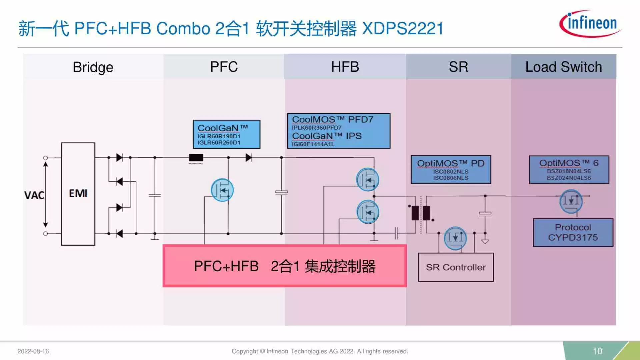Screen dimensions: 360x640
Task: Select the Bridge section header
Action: click(93, 67)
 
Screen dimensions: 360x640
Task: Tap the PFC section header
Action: click(224, 67)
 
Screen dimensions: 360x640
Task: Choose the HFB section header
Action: click(345, 67)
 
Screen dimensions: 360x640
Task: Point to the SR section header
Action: click(458, 67)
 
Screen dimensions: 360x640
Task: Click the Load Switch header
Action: click(564, 67)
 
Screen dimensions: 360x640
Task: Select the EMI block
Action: click(78, 194)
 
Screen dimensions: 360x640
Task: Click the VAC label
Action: click(34, 195)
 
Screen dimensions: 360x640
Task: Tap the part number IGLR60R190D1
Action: click(219, 136)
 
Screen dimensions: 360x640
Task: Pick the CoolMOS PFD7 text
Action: click(332, 119)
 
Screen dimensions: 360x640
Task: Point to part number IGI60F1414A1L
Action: click(313, 144)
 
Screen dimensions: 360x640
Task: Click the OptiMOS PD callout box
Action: click(451, 170)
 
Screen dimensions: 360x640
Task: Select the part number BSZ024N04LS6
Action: click(569, 178)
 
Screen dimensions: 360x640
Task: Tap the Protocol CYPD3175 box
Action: click(573, 232)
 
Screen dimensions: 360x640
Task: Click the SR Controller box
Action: click(456, 267)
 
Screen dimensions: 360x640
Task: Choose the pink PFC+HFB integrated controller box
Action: click(284, 266)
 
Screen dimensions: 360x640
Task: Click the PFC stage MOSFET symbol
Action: click(222, 190)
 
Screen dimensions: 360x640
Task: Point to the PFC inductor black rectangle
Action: click(196, 157)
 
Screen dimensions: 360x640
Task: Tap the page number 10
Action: click(597, 351)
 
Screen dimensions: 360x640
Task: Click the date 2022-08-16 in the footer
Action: click(33, 351)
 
